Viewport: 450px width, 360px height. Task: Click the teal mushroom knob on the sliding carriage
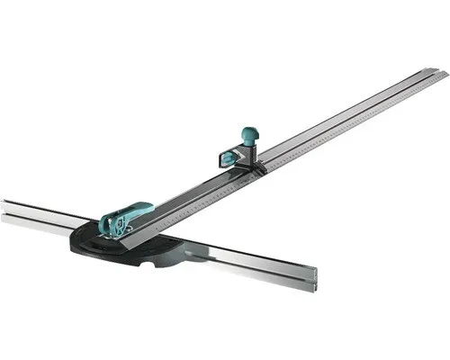pos(248,135)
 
